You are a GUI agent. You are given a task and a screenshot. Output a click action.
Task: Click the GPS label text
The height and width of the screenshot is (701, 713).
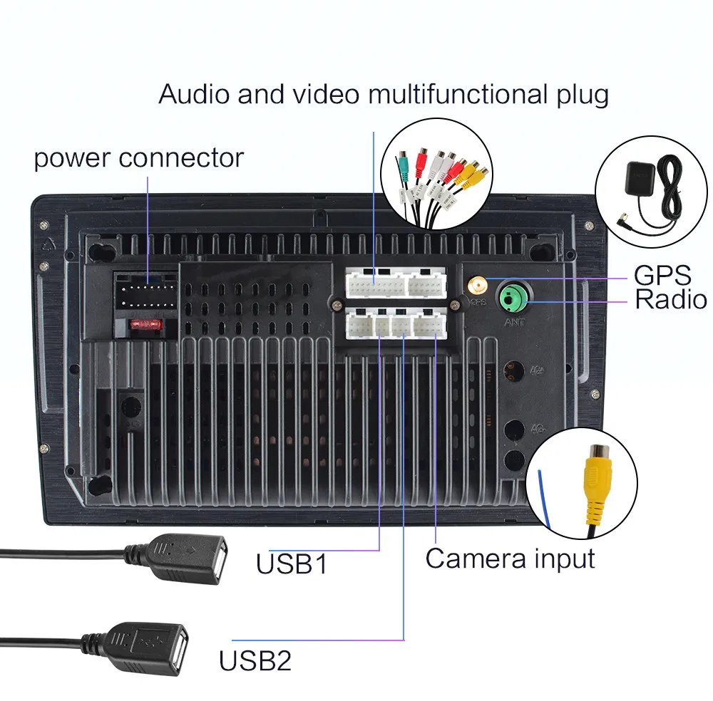(x=662, y=274)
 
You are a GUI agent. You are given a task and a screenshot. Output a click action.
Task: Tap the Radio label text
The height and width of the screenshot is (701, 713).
(x=671, y=299)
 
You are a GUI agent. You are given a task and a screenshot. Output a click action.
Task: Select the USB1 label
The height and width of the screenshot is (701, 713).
(x=292, y=564)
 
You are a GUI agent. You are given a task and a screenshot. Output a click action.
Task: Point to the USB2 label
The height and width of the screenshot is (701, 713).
(x=255, y=661)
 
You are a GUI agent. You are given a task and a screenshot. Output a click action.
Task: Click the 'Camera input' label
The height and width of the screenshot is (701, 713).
(x=510, y=559)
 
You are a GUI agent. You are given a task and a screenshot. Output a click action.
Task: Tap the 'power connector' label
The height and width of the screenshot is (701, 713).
(x=138, y=157)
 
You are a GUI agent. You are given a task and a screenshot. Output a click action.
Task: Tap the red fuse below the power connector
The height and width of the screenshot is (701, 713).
(x=147, y=325)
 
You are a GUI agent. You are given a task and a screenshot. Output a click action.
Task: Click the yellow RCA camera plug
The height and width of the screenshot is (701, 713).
(x=595, y=484)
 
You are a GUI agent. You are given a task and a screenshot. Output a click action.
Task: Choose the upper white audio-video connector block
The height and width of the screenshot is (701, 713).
(x=396, y=284)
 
